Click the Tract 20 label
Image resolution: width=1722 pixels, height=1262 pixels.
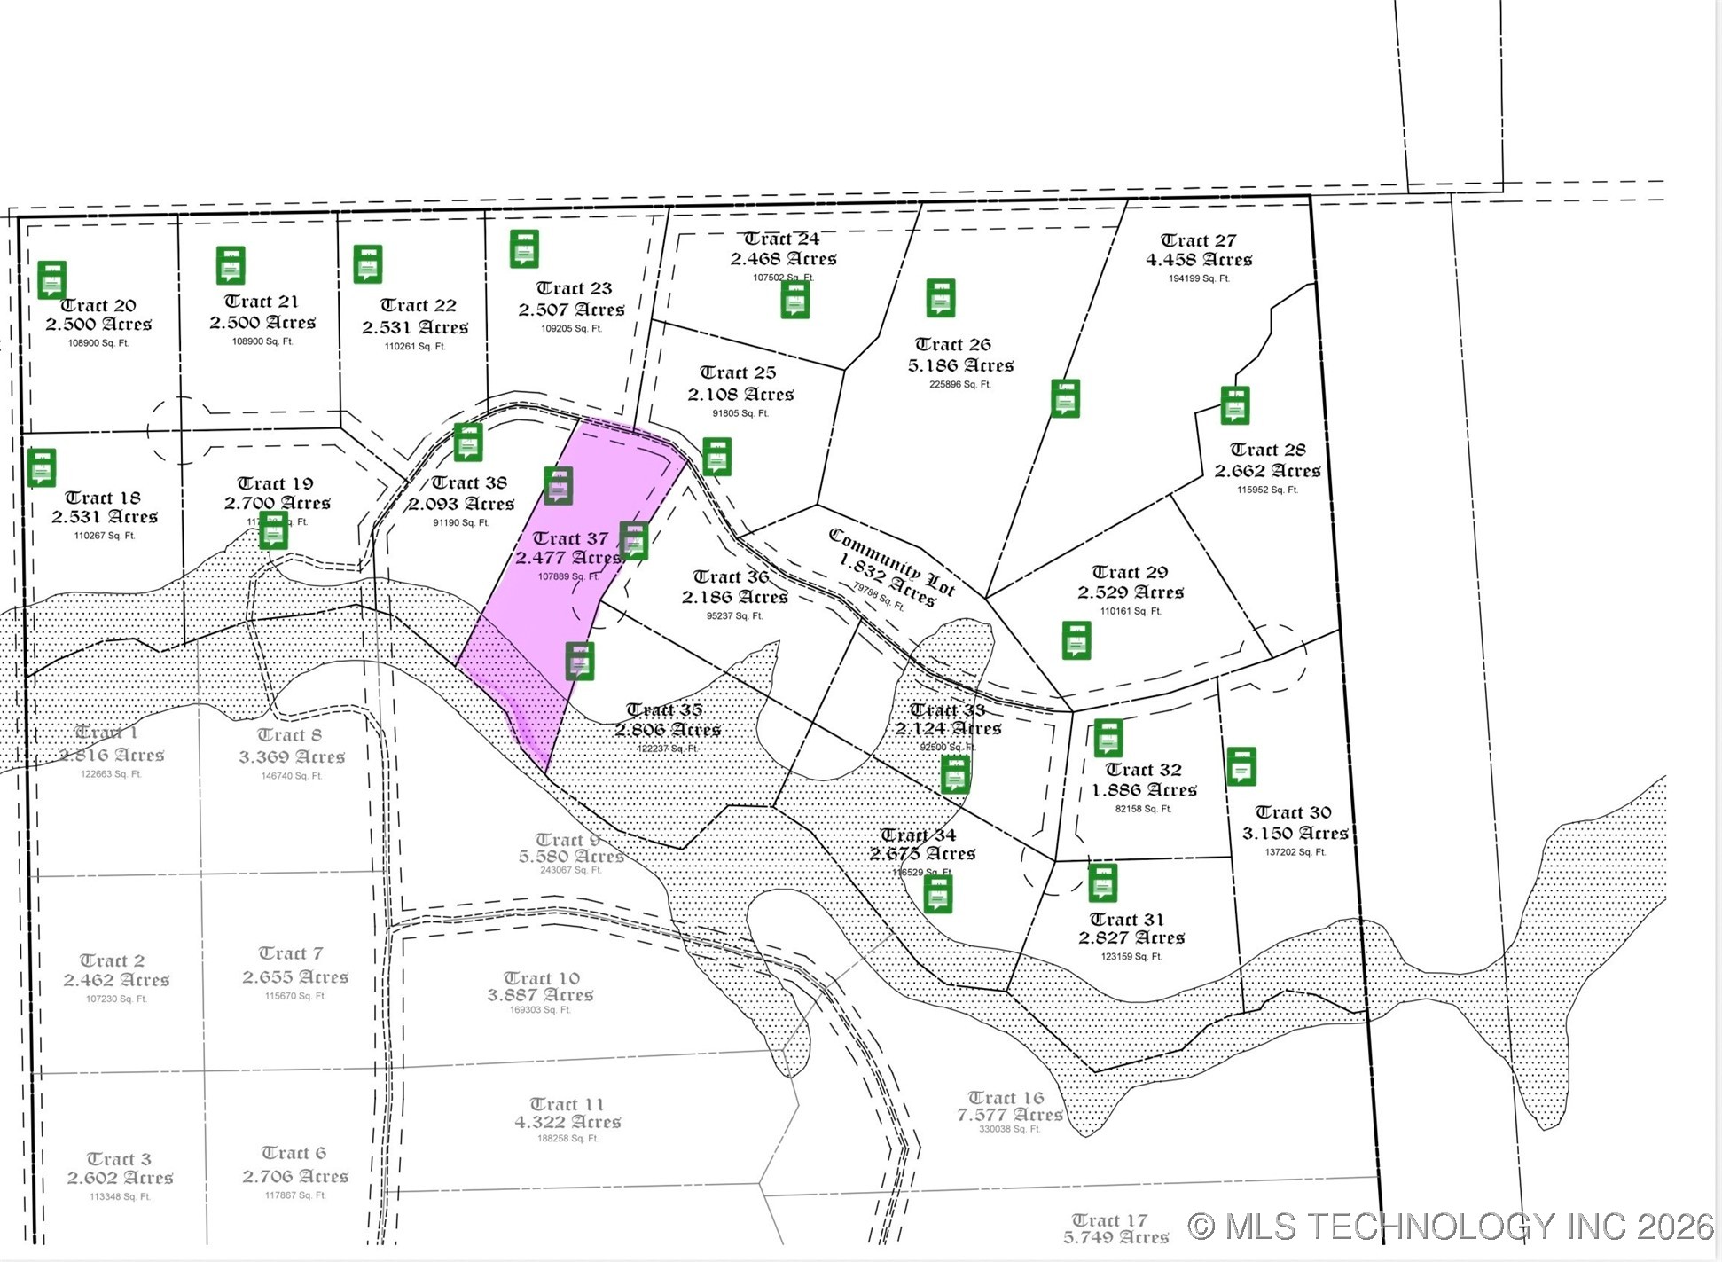point(98,305)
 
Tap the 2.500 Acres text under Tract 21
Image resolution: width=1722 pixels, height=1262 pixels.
point(262,323)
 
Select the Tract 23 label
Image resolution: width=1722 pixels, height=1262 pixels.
point(574,288)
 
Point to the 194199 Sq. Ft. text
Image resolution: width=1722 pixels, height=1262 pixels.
point(1199,278)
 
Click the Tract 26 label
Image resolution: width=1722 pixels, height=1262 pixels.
point(952,344)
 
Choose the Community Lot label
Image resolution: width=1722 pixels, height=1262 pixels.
point(891,560)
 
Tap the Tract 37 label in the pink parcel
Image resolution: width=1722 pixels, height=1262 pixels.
point(570,538)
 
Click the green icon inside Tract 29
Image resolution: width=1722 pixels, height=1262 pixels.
point(1076,640)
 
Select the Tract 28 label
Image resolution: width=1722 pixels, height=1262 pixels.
point(1267,450)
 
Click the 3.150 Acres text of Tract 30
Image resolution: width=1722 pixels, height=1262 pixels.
point(1295,834)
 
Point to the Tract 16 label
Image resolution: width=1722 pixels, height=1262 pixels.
point(1006,1098)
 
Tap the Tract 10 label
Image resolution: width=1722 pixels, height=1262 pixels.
point(541,977)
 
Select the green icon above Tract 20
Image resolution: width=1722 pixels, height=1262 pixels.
point(51,279)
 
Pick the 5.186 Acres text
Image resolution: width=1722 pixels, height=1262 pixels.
point(960,365)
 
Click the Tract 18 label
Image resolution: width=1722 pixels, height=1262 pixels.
point(103,498)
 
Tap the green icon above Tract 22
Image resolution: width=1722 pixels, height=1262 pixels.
point(367,264)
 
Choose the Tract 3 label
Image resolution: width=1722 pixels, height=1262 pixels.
point(119,1159)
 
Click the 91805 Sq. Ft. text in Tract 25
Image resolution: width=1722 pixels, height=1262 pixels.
point(740,413)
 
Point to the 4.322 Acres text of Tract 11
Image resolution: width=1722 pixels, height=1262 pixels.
point(567,1122)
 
